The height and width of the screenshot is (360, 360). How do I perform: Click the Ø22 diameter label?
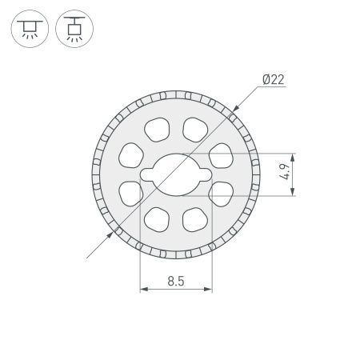point(273,79)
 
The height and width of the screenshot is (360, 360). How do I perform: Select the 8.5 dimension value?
point(177,281)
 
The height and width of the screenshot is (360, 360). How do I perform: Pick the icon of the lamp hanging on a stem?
point(74,30)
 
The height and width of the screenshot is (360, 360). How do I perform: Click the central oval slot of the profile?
point(176,173)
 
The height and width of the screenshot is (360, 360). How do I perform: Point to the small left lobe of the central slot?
point(147,173)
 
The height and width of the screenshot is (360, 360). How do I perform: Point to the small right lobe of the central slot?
point(205,173)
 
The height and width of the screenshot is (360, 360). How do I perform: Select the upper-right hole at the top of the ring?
point(194,127)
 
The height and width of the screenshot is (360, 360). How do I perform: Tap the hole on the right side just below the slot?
point(222,192)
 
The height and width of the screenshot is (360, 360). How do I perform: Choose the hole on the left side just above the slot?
point(130,154)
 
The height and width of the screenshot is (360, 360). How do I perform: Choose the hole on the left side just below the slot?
point(130,192)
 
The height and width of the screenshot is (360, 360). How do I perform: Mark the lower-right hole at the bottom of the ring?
point(194,218)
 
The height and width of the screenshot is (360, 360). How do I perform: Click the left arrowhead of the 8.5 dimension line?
point(143,290)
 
